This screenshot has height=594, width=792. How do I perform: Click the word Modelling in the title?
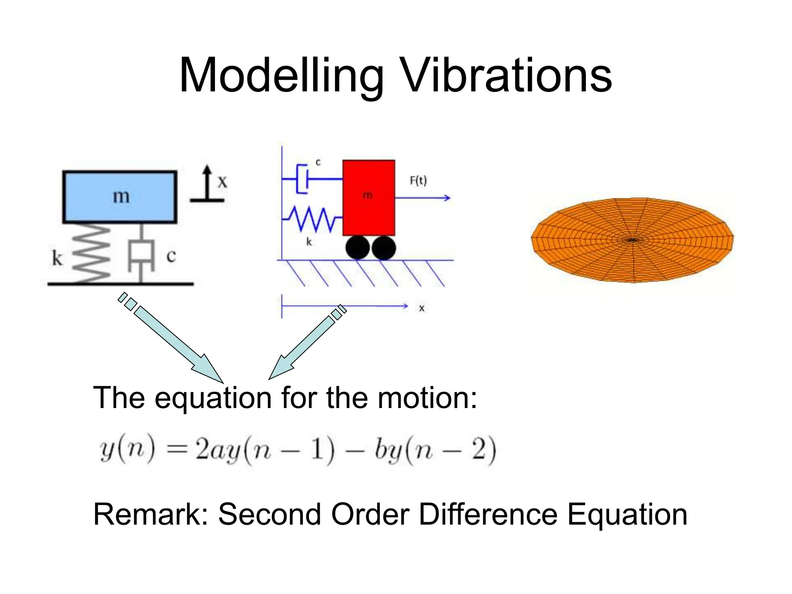(x=282, y=75)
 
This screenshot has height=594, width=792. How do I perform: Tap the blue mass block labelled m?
(x=120, y=197)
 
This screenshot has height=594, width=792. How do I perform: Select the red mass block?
(x=369, y=197)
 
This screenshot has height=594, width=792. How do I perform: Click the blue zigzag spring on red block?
(x=313, y=219)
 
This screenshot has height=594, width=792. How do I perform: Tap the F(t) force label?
(x=418, y=181)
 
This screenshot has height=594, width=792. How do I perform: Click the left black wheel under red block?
(x=358, y=247)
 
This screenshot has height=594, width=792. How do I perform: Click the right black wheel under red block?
(x=384, y=247)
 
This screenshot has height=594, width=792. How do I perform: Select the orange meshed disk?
(x=632, y=240)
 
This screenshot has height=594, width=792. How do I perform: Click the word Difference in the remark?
(x=487, y=514)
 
